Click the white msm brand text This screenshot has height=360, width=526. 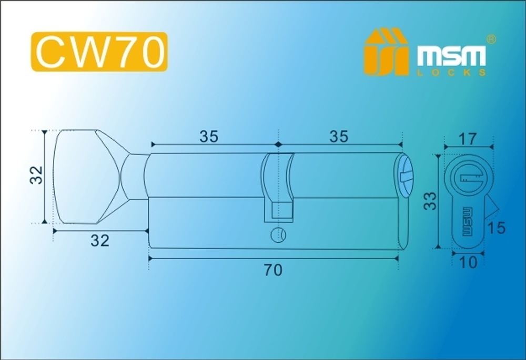click(451, 56)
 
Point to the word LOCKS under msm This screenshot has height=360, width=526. click(451, 73)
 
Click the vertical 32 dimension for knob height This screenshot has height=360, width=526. click(36, 176)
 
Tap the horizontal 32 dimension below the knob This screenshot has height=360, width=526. click(100, 241)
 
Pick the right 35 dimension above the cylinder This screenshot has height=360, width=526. click(339, 137)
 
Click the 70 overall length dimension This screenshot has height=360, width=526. click(273, 270)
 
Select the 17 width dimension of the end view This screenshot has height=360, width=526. click(468, 139)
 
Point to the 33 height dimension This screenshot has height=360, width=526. click(431, 201)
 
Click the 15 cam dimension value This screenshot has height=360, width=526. click(497, 229)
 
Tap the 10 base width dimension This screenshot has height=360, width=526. click(468, 262)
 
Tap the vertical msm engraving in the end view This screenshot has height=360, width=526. click(467, 221)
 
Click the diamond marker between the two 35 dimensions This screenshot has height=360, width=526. click(277, 143)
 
